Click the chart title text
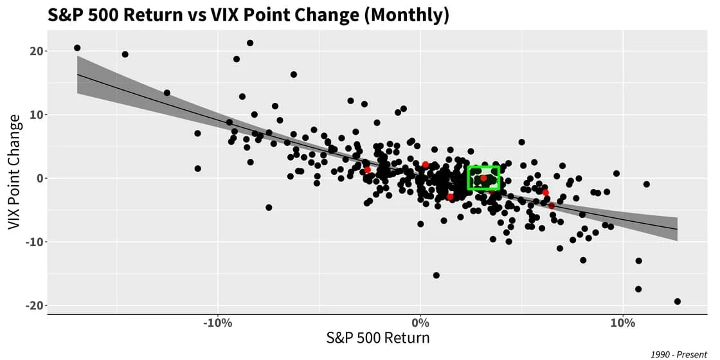click(248, 15)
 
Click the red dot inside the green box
click(483, 178)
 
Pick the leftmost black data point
click(77, 48)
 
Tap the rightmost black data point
click(678, 301)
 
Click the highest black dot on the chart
click(250, 43)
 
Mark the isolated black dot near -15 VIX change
click(436, 275)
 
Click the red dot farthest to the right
click(552, 206)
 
